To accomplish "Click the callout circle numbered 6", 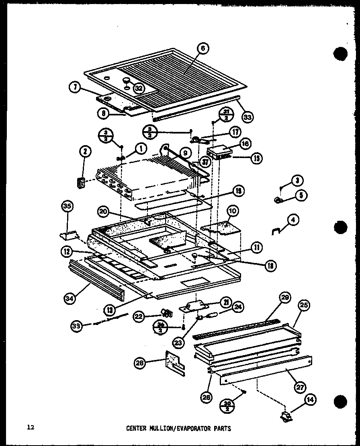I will (203, 48).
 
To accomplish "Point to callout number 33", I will (248, 117).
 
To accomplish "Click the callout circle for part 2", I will (85, 151).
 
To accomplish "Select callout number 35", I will (67, 207).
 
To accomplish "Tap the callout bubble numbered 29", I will (285, 298).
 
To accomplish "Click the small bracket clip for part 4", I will (277, 231).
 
